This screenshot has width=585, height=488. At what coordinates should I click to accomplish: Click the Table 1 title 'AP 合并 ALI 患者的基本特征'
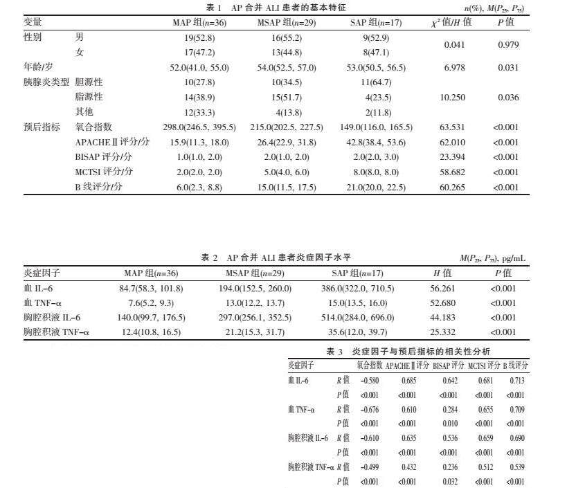[x=289, y=8]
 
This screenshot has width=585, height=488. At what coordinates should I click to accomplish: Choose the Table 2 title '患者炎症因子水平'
[x=291, y=257]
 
